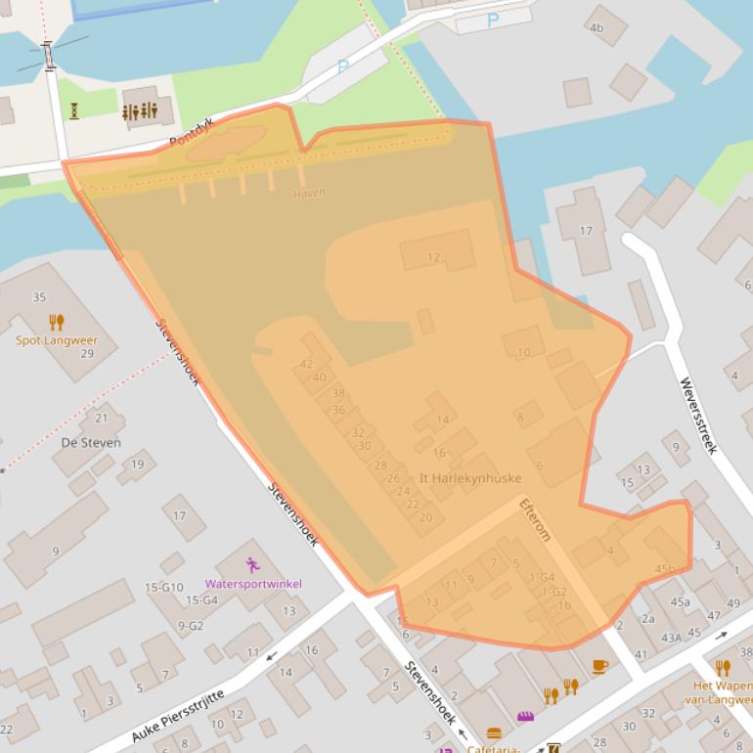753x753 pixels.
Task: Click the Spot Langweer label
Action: click(57, 341)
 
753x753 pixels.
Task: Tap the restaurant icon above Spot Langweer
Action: click(57, 322)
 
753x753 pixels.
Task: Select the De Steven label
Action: click(91, 442)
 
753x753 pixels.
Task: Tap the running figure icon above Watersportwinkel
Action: click(253, 564)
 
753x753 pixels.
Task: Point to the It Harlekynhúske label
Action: click(469, 478)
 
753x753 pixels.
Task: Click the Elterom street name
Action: click(536, 518)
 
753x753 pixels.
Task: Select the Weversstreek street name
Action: click(698, 416)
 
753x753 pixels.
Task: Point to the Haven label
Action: click(309, 193)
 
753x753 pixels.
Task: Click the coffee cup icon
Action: click(599, 666)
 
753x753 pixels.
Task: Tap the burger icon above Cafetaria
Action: click(494, 733)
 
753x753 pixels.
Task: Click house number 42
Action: click(306, 364)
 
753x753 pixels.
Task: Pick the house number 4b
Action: click(596, 27)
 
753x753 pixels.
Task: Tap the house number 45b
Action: click(665, 569)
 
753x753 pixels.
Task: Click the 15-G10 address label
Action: click(164, 587)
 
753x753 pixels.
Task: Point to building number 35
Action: click(39, 297)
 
